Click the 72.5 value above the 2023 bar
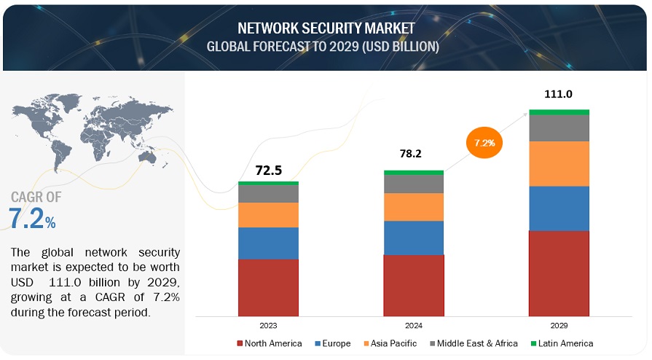tap(268, 171)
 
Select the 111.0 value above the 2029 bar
tap(559, 94)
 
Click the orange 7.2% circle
tap(484, 143)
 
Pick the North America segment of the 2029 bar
tap(559, 272)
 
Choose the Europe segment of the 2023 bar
tap(268, 243)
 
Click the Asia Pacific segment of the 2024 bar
tap(414, 207)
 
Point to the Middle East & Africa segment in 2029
tap(559, 128)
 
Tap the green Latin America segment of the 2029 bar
tap(559, 112)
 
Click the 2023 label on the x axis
tap(268, 326)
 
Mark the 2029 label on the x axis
tap(559, 326)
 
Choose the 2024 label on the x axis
tap(414, 326)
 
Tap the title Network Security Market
tap(326, 28)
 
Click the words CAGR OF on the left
tap(36, 197)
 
